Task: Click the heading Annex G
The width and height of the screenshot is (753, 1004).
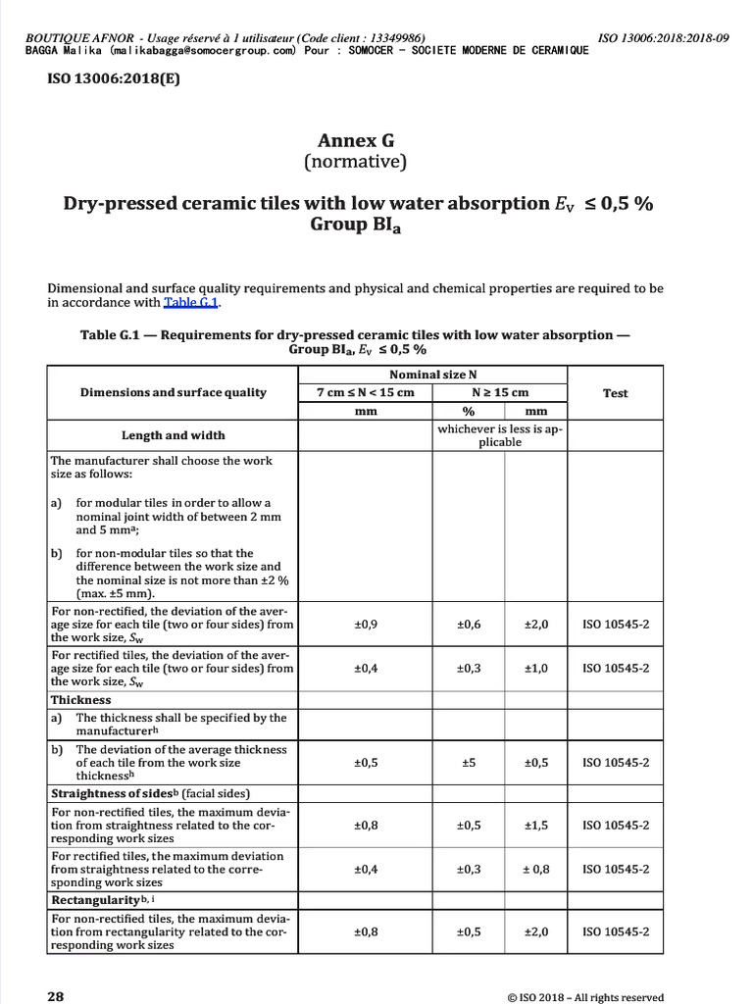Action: [354, 140]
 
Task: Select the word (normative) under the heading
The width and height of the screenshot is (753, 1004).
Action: [354, 162]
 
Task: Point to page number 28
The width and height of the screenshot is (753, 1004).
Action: [56, 996]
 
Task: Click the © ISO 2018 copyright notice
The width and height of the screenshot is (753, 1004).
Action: [585, 997]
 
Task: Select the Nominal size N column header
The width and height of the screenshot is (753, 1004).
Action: [432, 375]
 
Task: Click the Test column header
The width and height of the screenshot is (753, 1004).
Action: [615, 392]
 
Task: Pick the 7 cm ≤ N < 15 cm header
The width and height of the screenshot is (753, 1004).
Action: [365, 392]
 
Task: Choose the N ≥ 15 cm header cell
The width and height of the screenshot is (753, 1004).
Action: [500, 392]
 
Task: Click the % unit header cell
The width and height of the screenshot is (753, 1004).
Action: [469, 413]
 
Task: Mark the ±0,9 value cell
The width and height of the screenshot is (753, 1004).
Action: [365, 625]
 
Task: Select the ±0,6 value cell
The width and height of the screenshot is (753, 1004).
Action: [469, 625]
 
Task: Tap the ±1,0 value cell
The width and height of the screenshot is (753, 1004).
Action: [536, 669]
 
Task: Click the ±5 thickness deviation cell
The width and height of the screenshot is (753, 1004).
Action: [469, 762]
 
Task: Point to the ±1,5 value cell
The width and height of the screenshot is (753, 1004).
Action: [536, 826]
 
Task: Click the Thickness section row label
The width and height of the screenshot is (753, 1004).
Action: [81, 700]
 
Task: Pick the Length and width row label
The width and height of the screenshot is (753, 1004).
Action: [173, 435]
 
